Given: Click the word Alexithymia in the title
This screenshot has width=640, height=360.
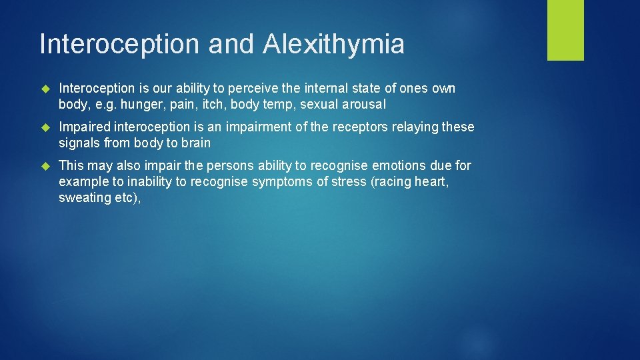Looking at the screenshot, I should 333,45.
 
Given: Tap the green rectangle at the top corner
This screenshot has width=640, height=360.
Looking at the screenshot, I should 565,30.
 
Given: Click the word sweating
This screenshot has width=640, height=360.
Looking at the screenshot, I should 83,197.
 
